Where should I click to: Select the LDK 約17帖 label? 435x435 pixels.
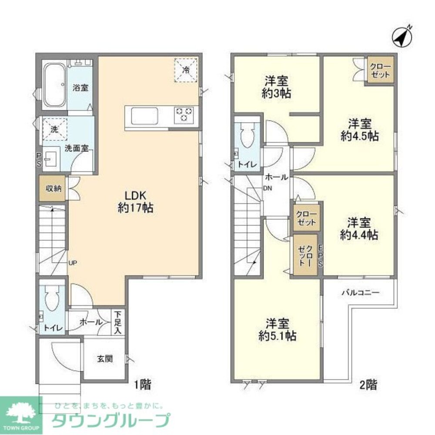pos(135,201)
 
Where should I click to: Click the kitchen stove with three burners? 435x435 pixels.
pos(184,114)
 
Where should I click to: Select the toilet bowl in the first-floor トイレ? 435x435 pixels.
pos(53,299)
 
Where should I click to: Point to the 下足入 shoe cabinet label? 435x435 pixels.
pos(118,322)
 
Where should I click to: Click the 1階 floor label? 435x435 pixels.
pos(142,385)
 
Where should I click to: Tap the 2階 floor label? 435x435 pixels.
pos(368,385)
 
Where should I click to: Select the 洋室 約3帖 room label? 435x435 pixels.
pos(278,87)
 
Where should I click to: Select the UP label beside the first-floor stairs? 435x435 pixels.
pos(73,262)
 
